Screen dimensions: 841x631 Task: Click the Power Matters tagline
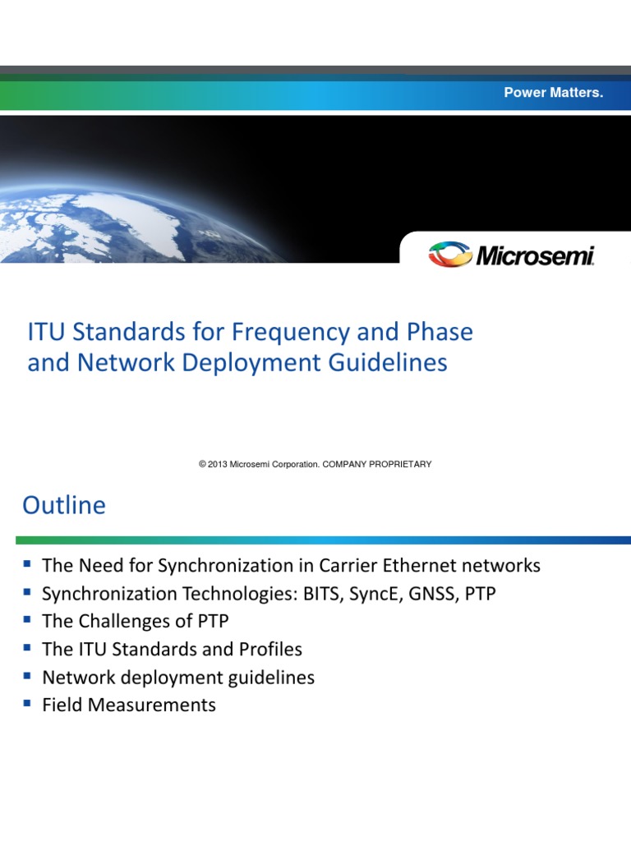coord(553,93)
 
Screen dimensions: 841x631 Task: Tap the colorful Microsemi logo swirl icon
coord(450,254)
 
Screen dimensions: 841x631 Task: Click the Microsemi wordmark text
coord(535,255)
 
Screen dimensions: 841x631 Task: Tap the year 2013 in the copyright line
coord(218,464)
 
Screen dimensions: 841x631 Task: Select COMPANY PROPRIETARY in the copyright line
coord(377,464)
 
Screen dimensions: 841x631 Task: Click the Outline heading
coord(64,505)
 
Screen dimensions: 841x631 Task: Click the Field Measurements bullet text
coord(129,705)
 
